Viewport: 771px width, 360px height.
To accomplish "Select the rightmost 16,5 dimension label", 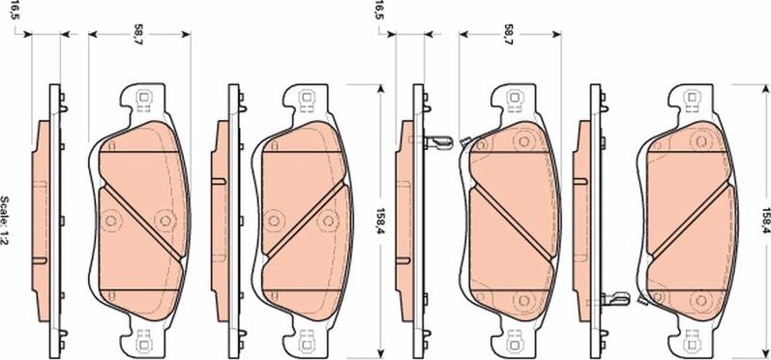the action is [378, 12].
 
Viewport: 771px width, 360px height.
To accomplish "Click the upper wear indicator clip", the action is [437, 141].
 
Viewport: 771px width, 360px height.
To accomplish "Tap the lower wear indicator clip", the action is [616, 298].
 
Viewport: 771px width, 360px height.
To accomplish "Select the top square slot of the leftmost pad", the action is [143, 97].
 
